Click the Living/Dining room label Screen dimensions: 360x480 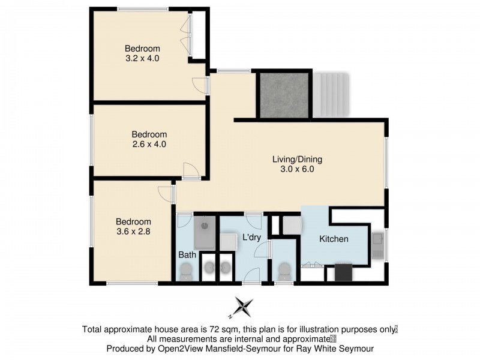(298, 159)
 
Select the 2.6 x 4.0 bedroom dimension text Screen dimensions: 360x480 (149, 144)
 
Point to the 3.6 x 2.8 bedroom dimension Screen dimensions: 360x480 (134, 230)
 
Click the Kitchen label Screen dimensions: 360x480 (334, 239)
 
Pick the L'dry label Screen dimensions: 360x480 (251, 238)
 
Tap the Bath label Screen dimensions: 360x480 (187, 255)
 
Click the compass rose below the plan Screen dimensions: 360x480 (243, 307)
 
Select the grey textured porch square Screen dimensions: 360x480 (284, 95)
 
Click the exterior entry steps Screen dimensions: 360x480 (331, 95)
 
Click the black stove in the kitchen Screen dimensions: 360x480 (343, 272)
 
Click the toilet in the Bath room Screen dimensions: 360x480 (187, 272)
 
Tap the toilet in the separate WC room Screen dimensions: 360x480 (284, 271)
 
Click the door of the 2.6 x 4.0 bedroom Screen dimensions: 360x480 (191, 170)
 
